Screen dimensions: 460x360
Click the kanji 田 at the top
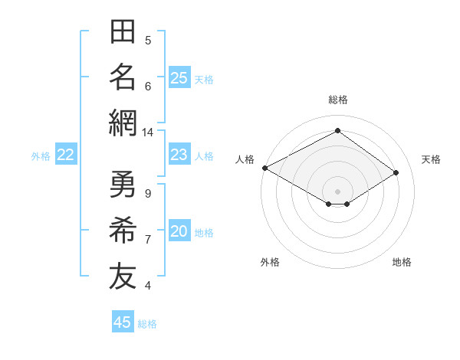(x=123, y=31)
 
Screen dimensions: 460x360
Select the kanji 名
(x=123, y=77)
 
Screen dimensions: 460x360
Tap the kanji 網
(x=123, y=123)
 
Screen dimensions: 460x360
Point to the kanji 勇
(x=123, y=184)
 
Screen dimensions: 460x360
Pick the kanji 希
(x=123, y=230)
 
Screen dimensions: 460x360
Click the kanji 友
(x=123, y=276)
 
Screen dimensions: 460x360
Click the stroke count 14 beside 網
(x=147, y=133)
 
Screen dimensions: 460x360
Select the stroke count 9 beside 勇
(x=148, y=194)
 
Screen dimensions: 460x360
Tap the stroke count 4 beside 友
(x=148, y=286)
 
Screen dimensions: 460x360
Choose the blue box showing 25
(x=179, y=77)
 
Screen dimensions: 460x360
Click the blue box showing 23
(x=179, y=154)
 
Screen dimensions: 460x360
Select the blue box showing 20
(x=179, y=230)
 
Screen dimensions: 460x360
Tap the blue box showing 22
(x=66, y=154)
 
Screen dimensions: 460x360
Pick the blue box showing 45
(x=123, y=321)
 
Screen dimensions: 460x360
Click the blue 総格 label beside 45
(x=147, y=324)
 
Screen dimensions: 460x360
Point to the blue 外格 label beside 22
(x=41, y=156)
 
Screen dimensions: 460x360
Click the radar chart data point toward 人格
(x=265, y=168)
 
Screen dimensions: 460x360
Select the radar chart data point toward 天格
(x=396, y=172)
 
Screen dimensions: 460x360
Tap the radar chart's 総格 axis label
(x=338, y=100)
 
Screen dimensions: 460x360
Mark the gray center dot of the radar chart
(x=337, y=191)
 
